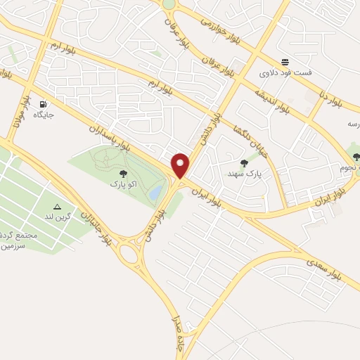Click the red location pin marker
point(181,166)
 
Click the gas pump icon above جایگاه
point(44,102)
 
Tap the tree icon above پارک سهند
point(244,163)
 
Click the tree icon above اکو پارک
point(123,173)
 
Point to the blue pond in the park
point(153,192)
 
